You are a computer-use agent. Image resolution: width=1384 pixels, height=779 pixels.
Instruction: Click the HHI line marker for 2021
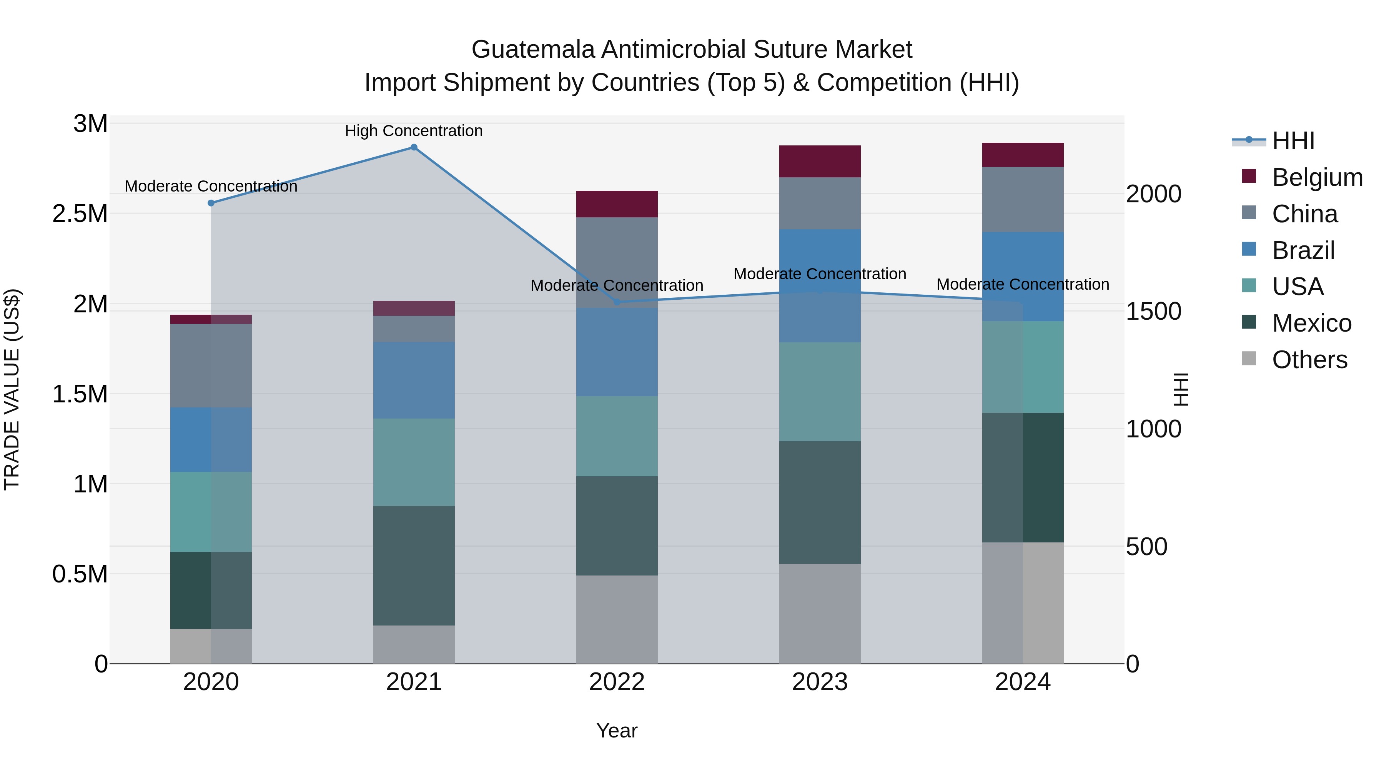[414, 147]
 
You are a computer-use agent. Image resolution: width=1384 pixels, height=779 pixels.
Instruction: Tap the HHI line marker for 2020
[211, 203]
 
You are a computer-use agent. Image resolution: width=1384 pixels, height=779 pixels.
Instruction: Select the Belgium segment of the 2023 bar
[820, 161]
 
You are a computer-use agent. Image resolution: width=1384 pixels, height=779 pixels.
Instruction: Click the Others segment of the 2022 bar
[617, 619]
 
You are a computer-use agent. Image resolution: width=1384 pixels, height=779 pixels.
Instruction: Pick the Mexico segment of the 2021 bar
[414, 565]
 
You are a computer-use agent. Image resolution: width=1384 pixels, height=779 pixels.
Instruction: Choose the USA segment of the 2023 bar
[820, 392]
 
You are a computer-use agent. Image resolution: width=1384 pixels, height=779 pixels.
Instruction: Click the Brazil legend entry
[1303, 250]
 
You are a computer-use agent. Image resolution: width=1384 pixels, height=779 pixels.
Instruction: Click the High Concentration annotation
[414, 131]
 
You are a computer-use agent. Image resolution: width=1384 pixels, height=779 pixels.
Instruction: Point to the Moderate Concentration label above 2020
[211, 187]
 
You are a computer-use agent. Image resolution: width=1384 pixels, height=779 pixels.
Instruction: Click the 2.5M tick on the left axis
[80, 214]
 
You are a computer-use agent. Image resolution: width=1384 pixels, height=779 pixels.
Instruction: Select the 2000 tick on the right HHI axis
[1153, 194]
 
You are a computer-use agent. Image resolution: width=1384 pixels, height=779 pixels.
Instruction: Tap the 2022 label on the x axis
[617, 682]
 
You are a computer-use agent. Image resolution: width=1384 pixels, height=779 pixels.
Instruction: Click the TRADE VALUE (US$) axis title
[12, 389]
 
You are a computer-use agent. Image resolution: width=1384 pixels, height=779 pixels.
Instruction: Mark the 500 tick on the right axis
[1146, 547]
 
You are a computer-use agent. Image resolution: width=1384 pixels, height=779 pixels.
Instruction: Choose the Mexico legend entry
[1311, 324]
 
